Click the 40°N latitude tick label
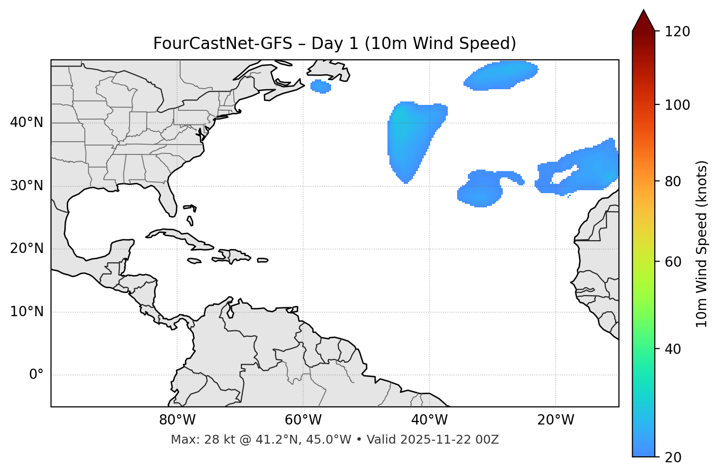click(26, 123)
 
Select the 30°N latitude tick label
click(26, 186)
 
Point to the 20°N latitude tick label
click(26, 249)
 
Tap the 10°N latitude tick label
click(26, 312)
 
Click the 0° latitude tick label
click(36, 375)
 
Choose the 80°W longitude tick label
click(177, 420)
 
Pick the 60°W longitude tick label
click(303, 420)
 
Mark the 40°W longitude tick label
click(429, 420)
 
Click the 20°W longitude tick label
click(555, 420)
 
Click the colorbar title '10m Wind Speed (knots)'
click(702, 244)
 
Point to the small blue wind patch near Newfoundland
click(321, 87)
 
